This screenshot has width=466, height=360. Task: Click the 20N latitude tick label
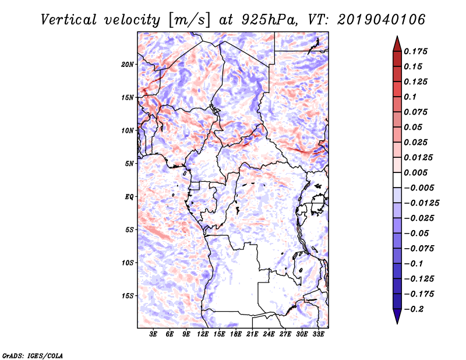128,64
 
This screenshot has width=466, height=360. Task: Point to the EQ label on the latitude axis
129,196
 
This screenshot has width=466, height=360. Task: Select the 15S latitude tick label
128,296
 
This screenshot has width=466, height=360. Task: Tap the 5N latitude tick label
129,164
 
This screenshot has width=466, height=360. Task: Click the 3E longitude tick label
154,334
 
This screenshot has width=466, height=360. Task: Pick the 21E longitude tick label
253,334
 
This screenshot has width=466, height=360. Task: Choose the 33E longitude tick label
318,334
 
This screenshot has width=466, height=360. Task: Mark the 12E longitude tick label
203,334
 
